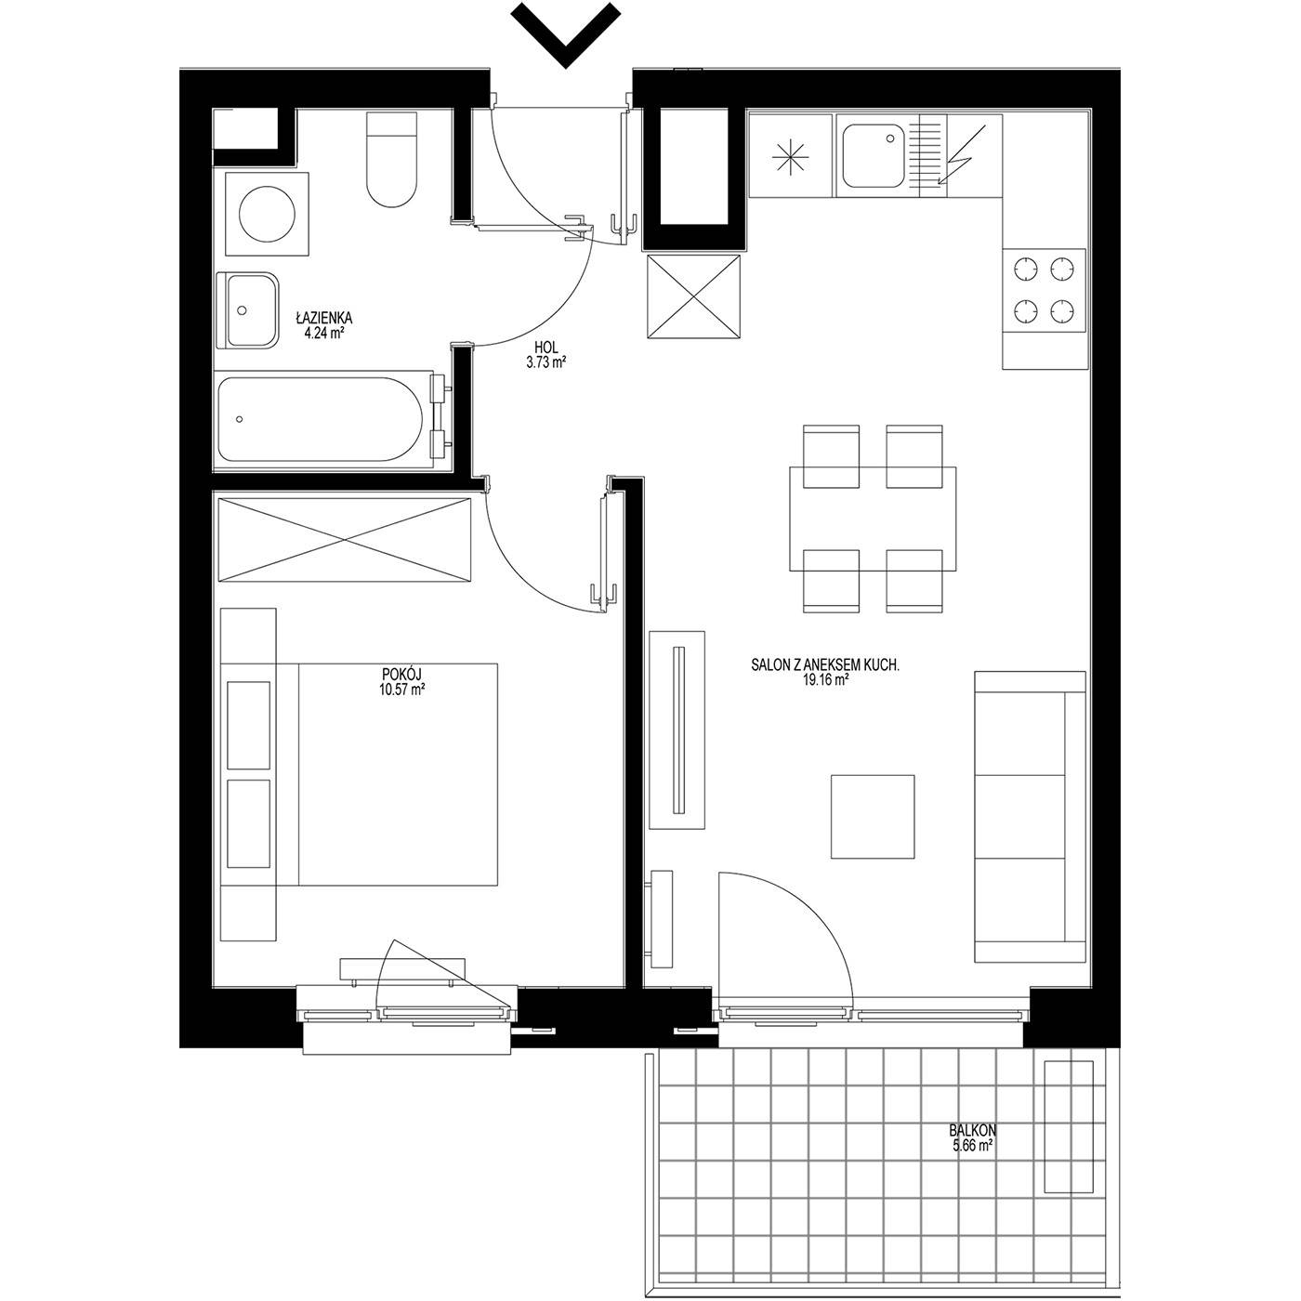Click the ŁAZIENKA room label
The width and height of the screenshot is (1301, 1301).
[x=324, y=317]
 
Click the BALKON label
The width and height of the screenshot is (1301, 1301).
[x=972, y=1130]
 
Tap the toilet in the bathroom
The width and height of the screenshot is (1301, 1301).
[x=391, y=158]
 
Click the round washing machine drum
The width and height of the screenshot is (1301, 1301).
[x=268, y=214]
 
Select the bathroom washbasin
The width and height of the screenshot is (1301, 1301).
[x=247, y=310]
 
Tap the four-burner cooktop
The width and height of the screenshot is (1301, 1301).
[x=1044, y=290]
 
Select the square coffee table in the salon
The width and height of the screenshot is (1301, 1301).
[x=873, y=816]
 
